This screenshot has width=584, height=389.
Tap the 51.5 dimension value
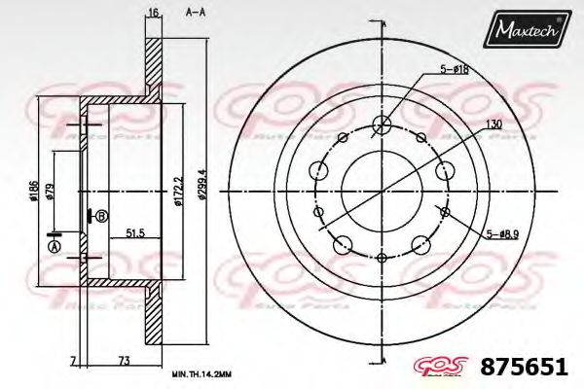(x=135, y=234)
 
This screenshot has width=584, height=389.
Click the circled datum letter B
(x=101, y=215)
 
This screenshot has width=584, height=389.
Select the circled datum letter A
(x=55, y=247)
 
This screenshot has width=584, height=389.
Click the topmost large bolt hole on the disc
(x=383, y=124)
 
